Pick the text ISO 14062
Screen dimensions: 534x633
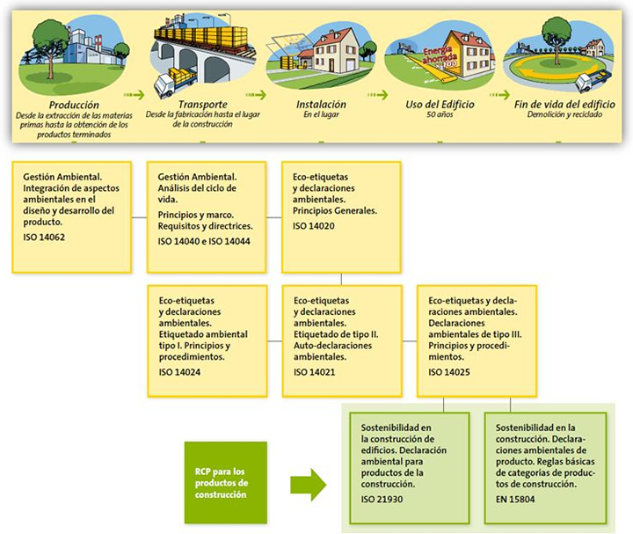coord(44,236)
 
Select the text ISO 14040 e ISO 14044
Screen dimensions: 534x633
coord(199,240)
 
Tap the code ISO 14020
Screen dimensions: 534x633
coord(315,227)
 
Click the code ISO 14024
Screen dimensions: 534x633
coord(181,372)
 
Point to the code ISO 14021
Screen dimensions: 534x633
coord(315,372)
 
